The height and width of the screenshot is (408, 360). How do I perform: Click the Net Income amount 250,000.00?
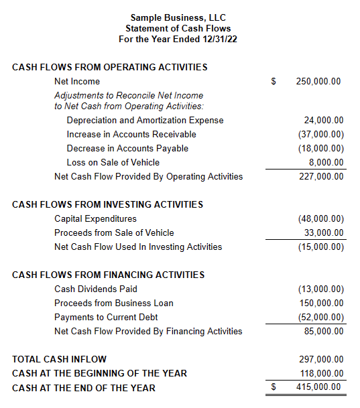pyautogui.click(x=318, y=82)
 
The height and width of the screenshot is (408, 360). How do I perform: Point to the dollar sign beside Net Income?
pyautogui.click(x=274, y=82)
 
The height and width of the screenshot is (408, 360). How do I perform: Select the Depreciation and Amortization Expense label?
pyautogui.click(x=145, y=121)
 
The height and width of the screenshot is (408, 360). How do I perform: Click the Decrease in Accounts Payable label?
pyautogui.click(x=127, y=148)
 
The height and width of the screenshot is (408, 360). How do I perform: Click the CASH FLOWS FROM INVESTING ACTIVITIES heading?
pyautogui.click(x=107, y=204)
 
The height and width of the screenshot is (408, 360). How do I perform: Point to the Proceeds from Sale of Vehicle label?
pyautogui.click(x=114, y=233)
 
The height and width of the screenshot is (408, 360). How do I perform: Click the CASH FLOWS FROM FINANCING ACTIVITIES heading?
pyautogui.click(x=108, y=275)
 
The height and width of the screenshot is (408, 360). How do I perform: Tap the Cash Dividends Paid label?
pyautogui.click(x=96, y=289)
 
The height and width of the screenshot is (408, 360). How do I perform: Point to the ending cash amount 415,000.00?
pyautogui.click(x=318, y=387)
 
